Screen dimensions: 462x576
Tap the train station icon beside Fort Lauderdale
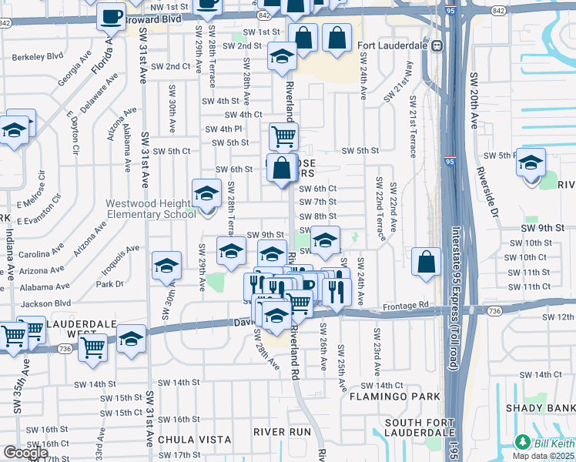coord(437,45)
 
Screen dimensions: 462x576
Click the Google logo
coord(25,452)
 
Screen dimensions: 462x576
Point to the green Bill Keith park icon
coord(523,442)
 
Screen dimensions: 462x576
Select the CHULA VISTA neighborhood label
coord(196,440)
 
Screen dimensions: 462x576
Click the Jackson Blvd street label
coord(45,303)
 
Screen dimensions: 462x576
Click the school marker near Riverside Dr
coord(531,163)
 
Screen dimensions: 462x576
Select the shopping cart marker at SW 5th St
coord(283,136)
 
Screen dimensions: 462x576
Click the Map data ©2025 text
coord(544,456)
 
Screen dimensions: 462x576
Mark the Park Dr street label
coord(112,284)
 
